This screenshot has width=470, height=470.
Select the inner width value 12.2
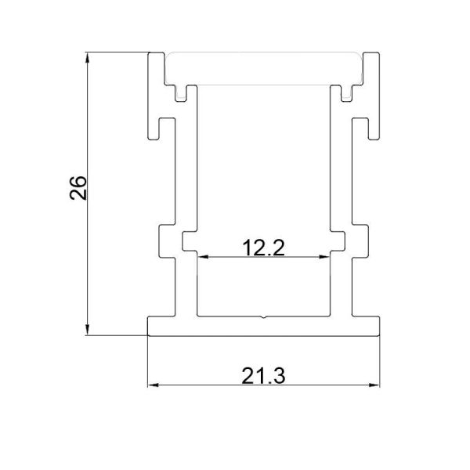pos(262,248)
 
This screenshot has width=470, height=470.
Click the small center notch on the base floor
pos(264,319)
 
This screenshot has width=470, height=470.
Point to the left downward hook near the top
pos(165,126)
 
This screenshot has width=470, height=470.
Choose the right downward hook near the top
pos(361,126)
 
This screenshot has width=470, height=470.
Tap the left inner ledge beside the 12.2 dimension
pos(189,241)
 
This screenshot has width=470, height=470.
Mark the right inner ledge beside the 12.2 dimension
pos(338,241)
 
